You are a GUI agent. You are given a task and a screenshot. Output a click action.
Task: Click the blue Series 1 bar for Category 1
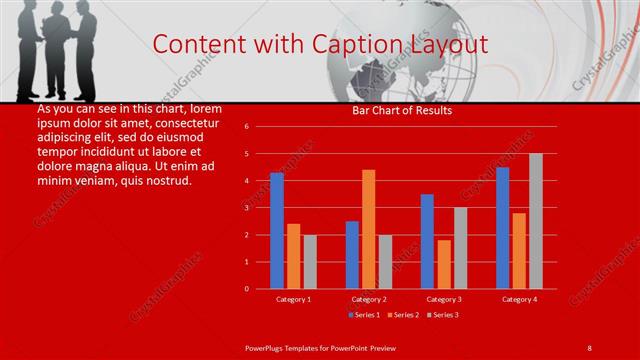click(x=277, y=231)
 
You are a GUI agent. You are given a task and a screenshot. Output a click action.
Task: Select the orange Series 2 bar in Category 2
click(x=369, y=229)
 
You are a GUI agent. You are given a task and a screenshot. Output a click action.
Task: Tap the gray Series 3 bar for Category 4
click(x=536, y=221)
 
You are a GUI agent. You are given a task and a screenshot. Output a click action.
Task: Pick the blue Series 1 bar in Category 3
click(x=427, y=241)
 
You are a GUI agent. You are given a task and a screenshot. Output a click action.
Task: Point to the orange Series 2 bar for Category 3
click(x=444, y=264)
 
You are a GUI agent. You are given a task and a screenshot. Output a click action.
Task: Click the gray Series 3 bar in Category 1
click(x=310, y=262)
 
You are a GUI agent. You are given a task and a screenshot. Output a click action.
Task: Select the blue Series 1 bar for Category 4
click(x=502, y=228)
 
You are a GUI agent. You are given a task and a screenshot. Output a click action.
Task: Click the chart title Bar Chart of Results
click(x=402, y=110)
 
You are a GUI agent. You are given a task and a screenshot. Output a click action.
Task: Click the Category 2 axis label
click(x=369, y=299)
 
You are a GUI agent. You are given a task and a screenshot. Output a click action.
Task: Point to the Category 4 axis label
click(x=519, y=299)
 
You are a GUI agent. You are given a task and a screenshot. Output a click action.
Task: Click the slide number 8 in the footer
click(x=590, y=346)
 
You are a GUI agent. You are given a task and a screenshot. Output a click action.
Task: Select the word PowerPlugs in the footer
click(x=265, y=346)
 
